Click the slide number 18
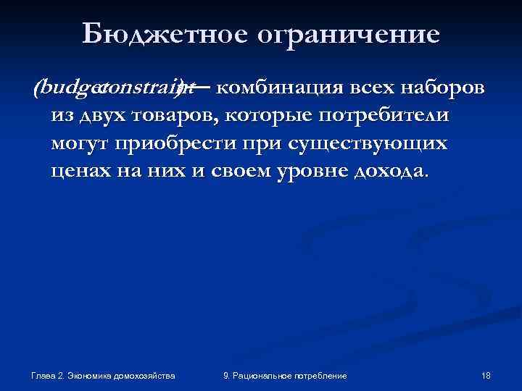(x=486, y=376)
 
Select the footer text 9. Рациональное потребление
(x=285, y=376)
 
